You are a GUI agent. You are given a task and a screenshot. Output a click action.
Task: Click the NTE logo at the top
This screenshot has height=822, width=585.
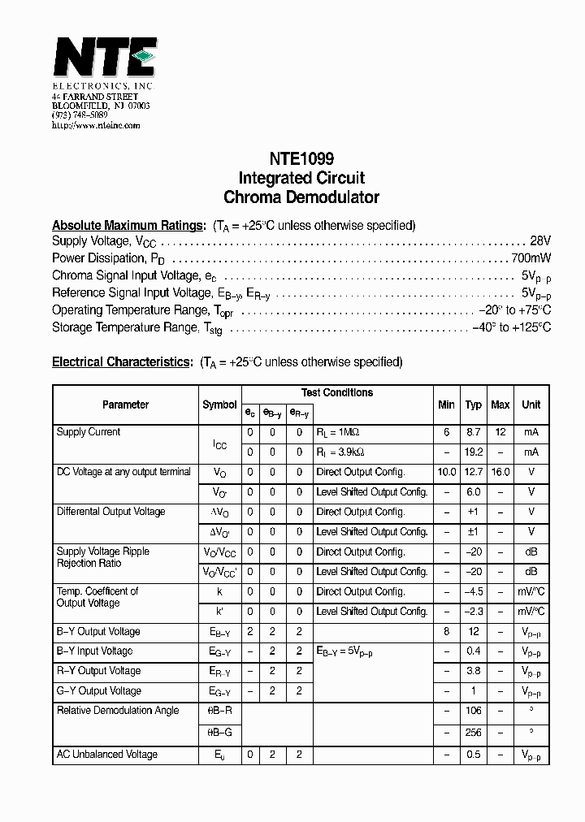pos(104,59)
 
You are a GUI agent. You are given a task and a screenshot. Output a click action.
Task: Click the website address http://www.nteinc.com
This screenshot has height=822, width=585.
pos(96,125)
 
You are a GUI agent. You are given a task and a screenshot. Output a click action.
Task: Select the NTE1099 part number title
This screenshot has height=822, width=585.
pos(301,159)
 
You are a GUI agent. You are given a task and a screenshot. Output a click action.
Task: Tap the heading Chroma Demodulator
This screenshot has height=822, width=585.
pos(301,197)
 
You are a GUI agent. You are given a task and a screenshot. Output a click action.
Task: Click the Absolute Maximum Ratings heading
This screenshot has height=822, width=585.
pos(128,225)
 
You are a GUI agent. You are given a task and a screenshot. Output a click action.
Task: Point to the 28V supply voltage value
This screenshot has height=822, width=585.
pos(540,241)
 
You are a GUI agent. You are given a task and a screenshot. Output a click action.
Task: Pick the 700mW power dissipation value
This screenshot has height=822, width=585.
pos(531,258)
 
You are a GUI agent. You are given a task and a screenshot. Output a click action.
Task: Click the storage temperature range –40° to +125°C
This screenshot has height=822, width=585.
pos(511,327)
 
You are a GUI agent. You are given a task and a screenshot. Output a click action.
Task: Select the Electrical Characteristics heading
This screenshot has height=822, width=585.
pos(123,361)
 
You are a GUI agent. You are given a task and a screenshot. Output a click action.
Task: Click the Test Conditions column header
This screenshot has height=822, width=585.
pos(337,393)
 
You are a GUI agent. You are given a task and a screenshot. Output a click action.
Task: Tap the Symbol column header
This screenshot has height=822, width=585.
pos(219,405)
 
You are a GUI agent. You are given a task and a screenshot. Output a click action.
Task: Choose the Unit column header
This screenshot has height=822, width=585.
pos(531,405)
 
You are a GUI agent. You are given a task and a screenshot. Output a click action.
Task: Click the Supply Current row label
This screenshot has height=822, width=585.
pos(89,432)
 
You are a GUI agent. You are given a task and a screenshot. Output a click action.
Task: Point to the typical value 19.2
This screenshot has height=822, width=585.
pos(474,452)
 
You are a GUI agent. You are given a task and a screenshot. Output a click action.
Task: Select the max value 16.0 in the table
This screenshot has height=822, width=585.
pos(500,472)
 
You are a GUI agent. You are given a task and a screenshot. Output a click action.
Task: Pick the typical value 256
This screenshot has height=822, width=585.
pos(474,731)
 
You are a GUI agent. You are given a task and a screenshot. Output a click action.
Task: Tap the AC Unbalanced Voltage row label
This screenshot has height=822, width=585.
pos(107,755)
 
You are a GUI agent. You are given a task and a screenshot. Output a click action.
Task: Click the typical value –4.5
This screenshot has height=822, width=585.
pos(474,591)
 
